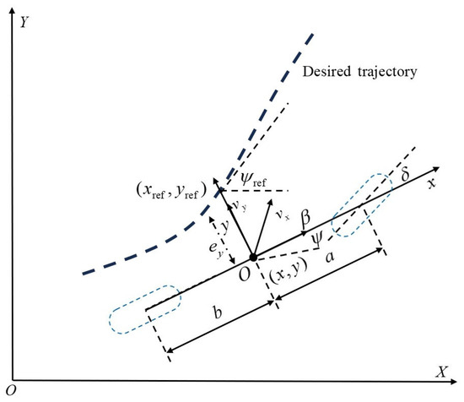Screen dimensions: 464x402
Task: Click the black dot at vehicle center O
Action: tap(253, 258)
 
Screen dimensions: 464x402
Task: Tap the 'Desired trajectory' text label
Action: tap(359, 72)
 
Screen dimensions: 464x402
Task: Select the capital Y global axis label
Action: tap(24, 22)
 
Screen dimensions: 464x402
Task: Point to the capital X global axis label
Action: tap(442, 372)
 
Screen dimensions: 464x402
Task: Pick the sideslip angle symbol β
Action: tap(305, 218)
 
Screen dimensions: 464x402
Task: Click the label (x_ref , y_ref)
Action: tap(171, 191)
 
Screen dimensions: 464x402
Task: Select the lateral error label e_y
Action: tap(216, 249)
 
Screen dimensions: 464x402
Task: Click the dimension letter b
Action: tap(218, 312)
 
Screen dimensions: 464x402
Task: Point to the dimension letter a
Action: tap(330, 257)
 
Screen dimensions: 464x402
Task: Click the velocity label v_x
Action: tap(283, 215)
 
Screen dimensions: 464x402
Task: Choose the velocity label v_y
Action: tap(240, 205)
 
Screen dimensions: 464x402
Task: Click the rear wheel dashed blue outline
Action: tap(145, 310)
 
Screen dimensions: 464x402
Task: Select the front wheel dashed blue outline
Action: tap(362, 205)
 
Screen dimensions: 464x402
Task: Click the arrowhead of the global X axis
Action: tap(453, 382)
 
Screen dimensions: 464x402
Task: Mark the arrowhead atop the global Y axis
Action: tap(12, 11)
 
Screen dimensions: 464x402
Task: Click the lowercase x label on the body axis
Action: tap(432, 183)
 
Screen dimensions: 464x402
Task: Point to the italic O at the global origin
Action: tap(11, 391)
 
